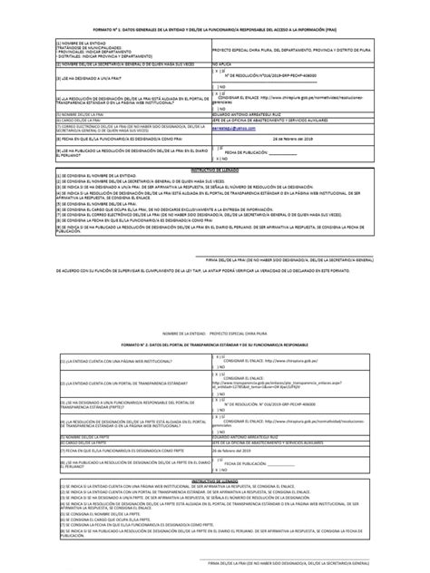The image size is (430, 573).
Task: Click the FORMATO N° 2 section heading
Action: coord(215,345)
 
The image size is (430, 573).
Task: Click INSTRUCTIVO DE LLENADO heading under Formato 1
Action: coord(215,194)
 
